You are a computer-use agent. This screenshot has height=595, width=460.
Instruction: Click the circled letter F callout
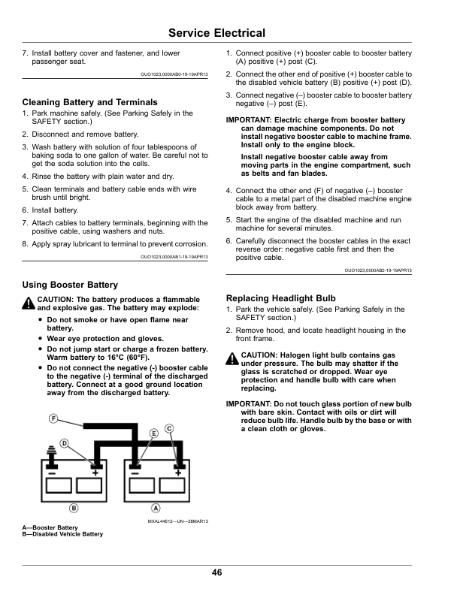coord(54,418)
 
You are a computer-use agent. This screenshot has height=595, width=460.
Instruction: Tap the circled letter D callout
coord(65,442)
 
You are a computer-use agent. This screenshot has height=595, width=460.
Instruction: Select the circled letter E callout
coord(154,433)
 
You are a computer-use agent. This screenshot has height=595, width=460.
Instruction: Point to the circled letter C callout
coord(169,427)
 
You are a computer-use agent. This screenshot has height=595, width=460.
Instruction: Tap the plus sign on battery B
coord(96,473)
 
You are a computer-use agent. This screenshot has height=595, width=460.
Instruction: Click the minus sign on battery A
coord(135,473)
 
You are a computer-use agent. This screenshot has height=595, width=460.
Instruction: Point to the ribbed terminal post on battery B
coord(52,455)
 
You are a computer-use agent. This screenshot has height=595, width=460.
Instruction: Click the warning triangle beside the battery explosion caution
coord(29,303)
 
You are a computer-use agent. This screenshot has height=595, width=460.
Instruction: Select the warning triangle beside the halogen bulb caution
coord(232,358)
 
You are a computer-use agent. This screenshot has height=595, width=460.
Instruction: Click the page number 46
coord(216,573)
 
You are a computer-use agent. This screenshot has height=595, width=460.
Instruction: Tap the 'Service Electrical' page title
coord(216,33)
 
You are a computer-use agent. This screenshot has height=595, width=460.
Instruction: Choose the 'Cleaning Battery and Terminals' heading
coord(90,101)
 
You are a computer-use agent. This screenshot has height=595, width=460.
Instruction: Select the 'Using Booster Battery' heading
coord(70,285)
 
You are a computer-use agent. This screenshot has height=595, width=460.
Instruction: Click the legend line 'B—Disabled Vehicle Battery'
coord(63,534)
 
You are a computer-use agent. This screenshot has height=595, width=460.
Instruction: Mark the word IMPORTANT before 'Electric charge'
coord(249,119)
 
